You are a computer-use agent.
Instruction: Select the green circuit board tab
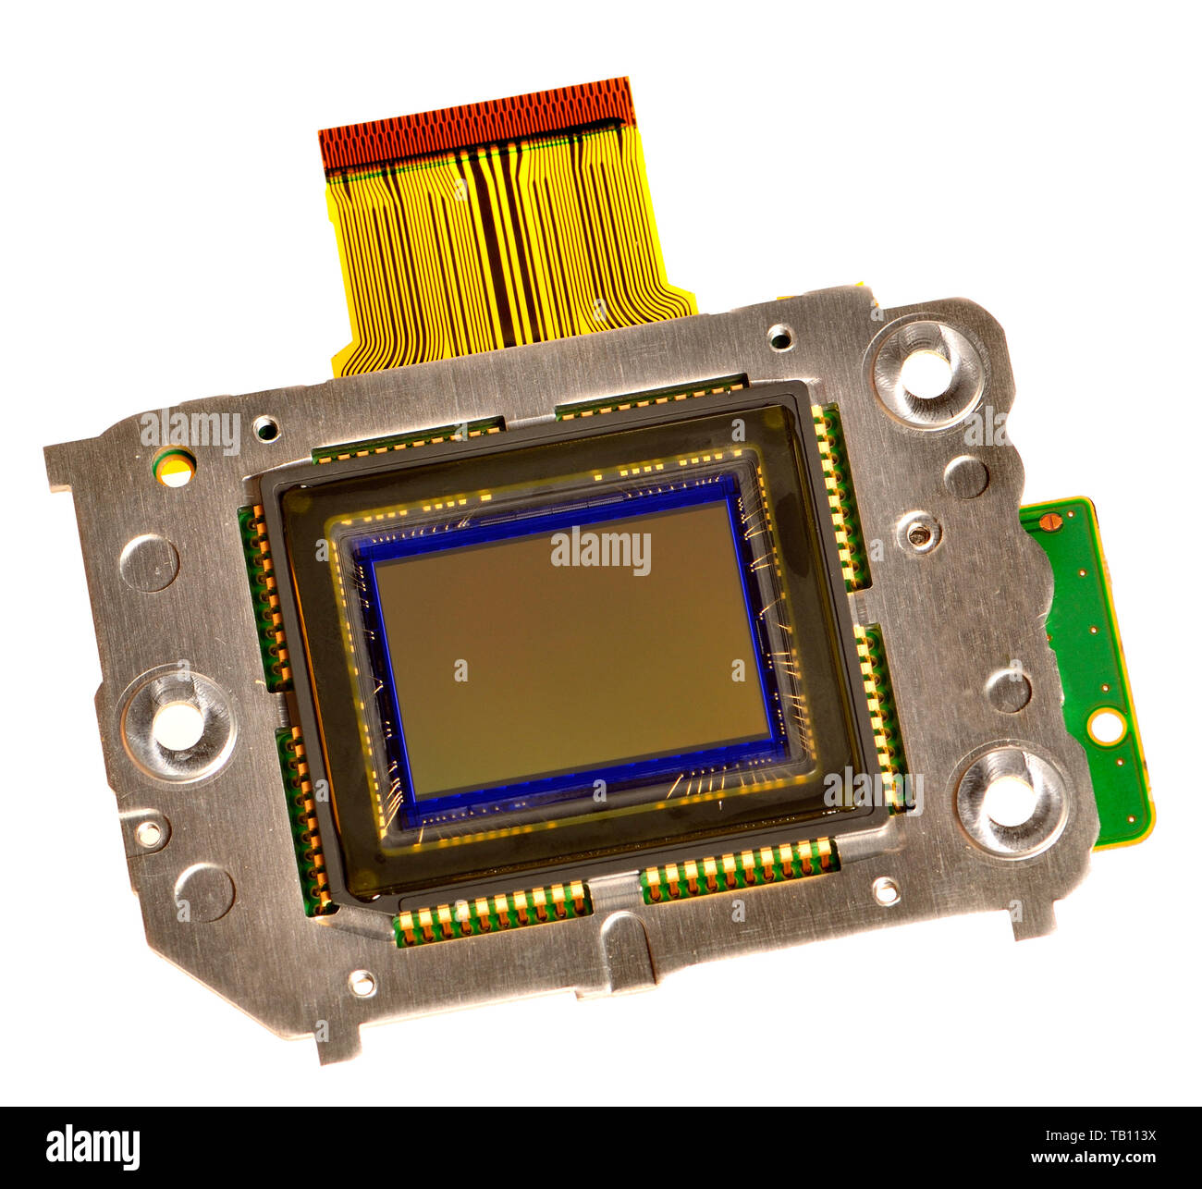1091,666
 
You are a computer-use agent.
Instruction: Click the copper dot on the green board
1047,522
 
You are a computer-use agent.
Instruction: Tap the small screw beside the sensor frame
918,533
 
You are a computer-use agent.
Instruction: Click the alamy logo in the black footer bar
92,1147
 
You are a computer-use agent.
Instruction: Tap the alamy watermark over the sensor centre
600,552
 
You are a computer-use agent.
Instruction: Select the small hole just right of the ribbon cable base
780,337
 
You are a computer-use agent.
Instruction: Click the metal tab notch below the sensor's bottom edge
625,948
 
